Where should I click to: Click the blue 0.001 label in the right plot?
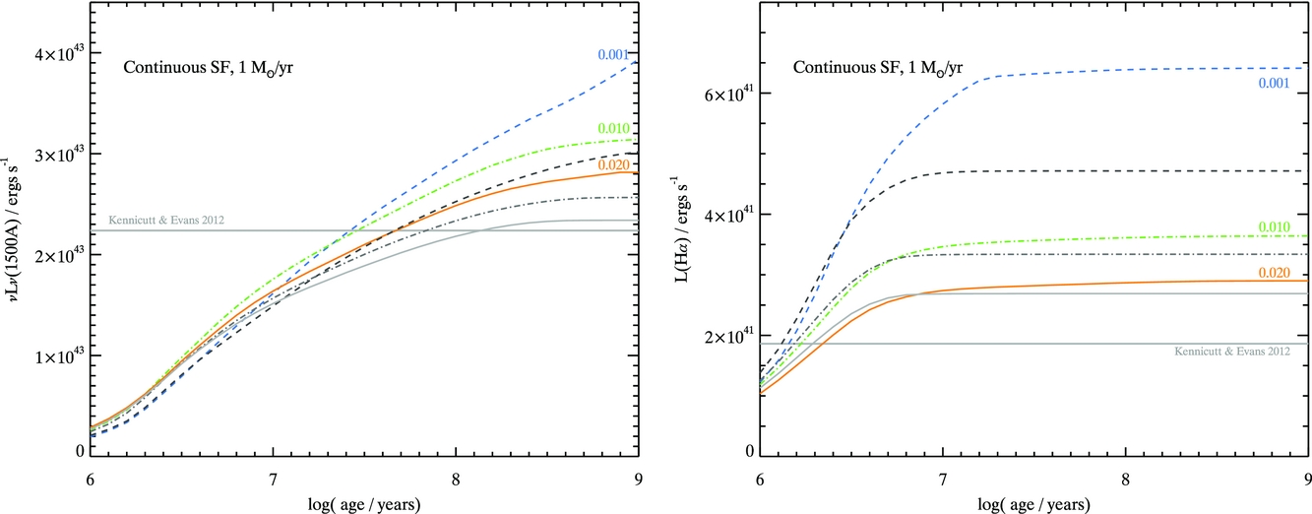1276,84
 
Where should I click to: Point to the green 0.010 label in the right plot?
1276,227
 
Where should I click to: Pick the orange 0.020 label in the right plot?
1276,271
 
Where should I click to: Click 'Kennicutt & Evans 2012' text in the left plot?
164,220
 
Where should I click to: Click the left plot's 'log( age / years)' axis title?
364,502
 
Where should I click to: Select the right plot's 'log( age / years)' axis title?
1033,502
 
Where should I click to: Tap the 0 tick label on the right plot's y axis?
748,452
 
